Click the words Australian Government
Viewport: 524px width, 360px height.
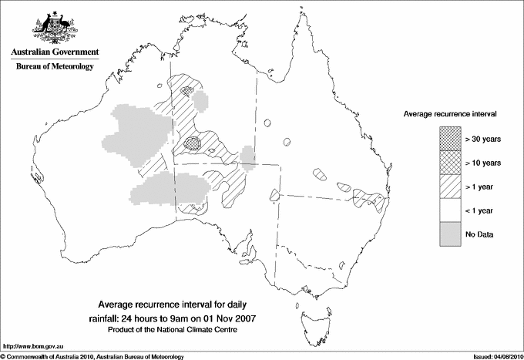55,52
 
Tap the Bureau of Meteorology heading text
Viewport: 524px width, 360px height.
55,67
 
